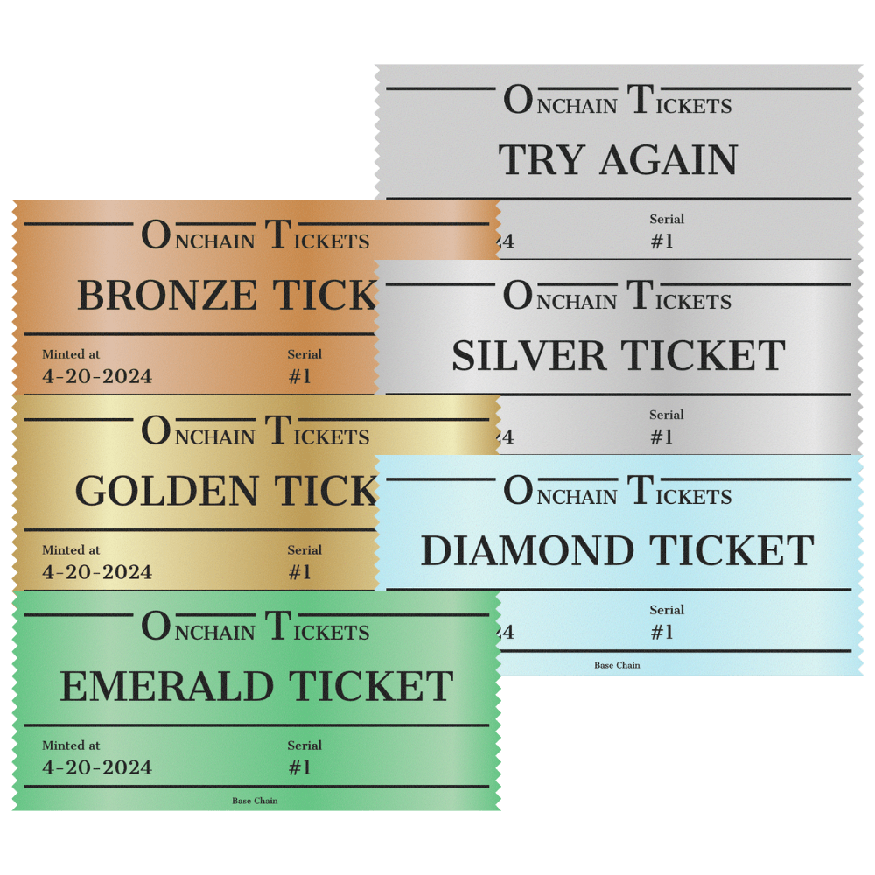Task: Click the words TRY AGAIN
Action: [x=618, y=160]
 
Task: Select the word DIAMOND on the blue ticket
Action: [x=529, y=551]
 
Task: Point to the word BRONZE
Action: [x=166, y=296]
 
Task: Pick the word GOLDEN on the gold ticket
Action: [x=166, y=492]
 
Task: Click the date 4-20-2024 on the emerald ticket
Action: [x=97, y=768]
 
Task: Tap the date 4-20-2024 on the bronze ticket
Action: [x=97, y=377]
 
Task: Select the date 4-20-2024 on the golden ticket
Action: [x=97, y=573]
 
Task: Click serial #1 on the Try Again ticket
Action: [x=661, y=241]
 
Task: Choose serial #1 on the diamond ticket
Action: [x=661, y=633]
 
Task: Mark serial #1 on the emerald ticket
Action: [x=299, y=768]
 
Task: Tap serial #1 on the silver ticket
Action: [x=661, y=437]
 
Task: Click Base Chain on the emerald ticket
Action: [x=255, y=801]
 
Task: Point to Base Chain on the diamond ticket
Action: [x=617, y=665]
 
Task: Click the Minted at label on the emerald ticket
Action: [x=71, y=745]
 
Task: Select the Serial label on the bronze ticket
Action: [x=304, y=354]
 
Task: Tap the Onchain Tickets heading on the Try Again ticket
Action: [x=618, y=102]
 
